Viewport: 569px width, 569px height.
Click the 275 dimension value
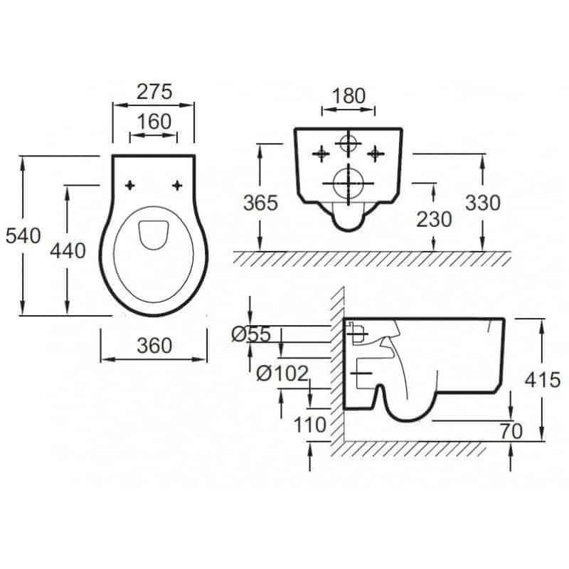(x=154, y=92)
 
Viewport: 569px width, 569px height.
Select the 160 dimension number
(x=154, y=122)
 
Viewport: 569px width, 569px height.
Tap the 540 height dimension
(x=23, y=236)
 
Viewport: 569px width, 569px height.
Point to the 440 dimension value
(x=68, y=251)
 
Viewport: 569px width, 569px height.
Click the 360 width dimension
(x=154, y=346)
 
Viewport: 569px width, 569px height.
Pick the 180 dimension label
(x=349, y=96)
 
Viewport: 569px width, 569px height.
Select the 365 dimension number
(x=260, y=203)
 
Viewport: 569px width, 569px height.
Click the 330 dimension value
(x=483, y=203)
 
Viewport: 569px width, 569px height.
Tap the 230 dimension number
(x=434, y=220)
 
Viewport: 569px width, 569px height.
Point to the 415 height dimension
(x=543, y=381)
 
